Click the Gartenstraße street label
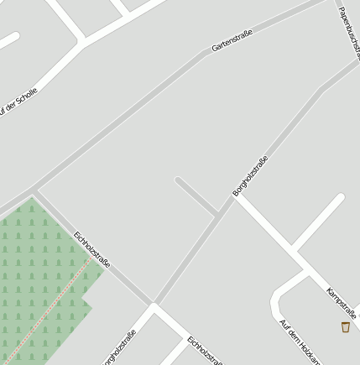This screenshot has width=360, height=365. [x=232, y=38]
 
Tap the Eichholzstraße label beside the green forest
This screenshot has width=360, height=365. [x=92, y=249]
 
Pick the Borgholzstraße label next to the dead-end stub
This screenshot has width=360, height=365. [x=251, y=175]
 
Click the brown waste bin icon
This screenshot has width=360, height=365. [x=346, y=326]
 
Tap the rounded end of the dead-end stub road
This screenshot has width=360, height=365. [x=179, y=180]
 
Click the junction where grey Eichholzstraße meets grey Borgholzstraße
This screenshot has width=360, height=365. [x=154, y=303]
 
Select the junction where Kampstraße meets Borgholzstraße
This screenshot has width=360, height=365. [x=234, y=198]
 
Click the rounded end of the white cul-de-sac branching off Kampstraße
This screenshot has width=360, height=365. [x=340, y=199]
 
